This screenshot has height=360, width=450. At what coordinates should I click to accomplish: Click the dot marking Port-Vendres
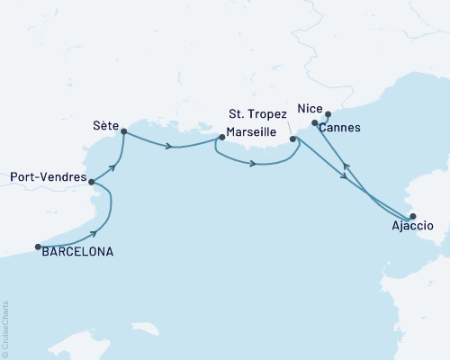pyautogui.click(x=91, y=181)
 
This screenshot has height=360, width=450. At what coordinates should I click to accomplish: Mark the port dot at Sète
pyautogui.click(x=123, y=133)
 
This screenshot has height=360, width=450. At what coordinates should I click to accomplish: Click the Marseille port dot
pyautogui.click(x=220, y=138)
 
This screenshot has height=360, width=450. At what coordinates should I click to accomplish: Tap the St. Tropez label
pyautogui.click(x=258, y=113)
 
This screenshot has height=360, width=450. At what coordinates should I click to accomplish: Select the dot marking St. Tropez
pyautogui.click(x=293, y=139)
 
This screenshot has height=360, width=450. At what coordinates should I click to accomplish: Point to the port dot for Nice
pyautogui.click(x=328, y=114)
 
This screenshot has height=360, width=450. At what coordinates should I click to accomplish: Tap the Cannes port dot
pyautogui.click(x=314, y=123)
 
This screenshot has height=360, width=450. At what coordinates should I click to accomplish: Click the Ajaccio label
pyautogui.click(x=415, y=228)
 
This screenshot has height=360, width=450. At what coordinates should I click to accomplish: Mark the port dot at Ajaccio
pyautogui.click(x=413, y=216)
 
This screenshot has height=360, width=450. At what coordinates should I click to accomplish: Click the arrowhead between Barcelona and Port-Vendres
pyautogui.click(x=94, y=233)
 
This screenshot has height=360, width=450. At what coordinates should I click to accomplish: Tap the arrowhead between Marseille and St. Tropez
pyautogui.click(x=255, y=164)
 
